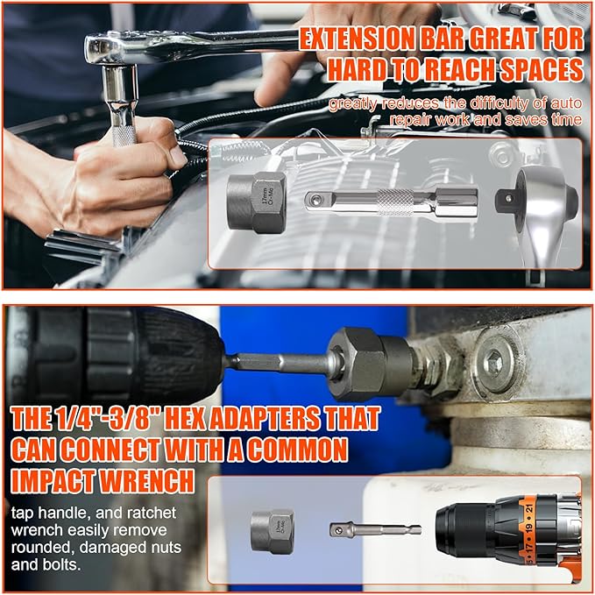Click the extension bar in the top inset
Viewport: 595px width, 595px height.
389,201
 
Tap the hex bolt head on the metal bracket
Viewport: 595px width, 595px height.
494,360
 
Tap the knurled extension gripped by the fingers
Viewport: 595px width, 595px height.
122,123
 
